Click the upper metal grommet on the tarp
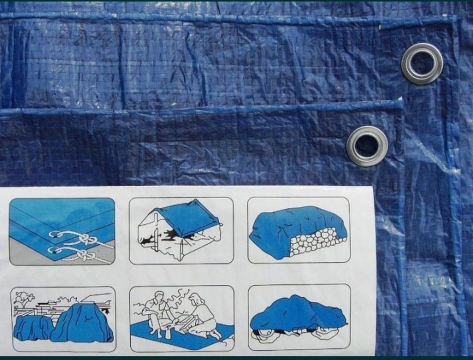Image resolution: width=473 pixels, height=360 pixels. coord(422,64)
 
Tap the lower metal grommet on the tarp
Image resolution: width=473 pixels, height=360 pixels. coord(367,146)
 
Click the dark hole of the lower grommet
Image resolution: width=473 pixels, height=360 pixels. coord(366,146)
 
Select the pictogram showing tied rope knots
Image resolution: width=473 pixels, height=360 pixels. coord(62,231)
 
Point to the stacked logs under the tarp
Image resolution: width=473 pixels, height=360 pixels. coord(316,242)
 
